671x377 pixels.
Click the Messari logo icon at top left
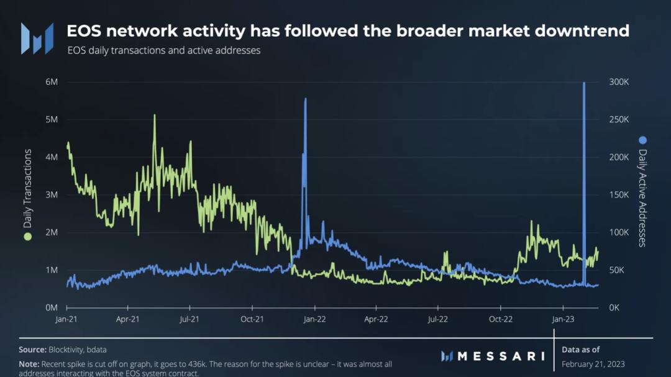click(x=37, y=39)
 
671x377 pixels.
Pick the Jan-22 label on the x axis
click(x=314, y=319)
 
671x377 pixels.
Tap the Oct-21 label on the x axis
click(x=252, y=319)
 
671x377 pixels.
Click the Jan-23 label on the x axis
click(x=563, y=319)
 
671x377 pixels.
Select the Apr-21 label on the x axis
click(x=127, y=319)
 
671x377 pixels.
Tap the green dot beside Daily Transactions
click(x=27, y=237)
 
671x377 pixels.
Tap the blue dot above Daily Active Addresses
click(x=642, y=140)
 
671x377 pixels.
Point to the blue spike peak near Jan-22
click(x=305, y=99)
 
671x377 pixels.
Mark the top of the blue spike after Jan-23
click(x=584, y=83)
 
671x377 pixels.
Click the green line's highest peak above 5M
click(x=155, y=116)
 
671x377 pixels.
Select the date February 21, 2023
click(x=593, y=363)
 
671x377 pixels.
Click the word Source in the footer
click(x=32, y=350)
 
